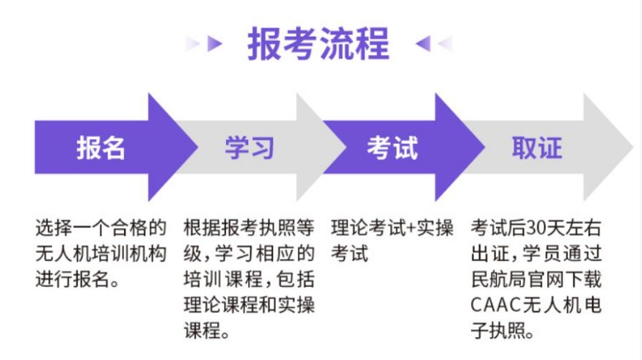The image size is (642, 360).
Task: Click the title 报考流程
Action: pyautogui.click(x=318, y=44)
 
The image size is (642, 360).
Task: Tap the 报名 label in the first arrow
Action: pyautogui.click(x=101, y=147)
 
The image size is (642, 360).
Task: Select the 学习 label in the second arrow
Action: pyautogui.click(x=249, y=147)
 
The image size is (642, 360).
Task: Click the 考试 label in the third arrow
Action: pyautogui.click(x=393, y=147)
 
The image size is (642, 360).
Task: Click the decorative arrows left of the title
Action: pyautogui.click(x=204, y=44)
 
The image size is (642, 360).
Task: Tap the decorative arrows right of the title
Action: pyautogui.click(x=433, y=44)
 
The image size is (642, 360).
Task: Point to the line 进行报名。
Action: pyautogui.click(x=77, y=279)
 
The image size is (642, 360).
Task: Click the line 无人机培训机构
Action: pyautogui.click(x=101, y=254)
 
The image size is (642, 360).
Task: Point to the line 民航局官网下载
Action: pyautogui.click(x=536, y=279)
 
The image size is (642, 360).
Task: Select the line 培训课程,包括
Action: pyautogui.click(x=249, y=279)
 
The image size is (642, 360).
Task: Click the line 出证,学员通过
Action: pyautogui.click(x=536, y=254)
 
